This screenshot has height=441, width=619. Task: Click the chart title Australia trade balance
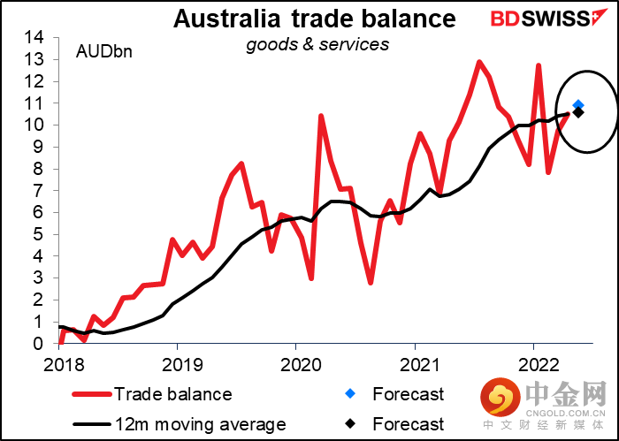point(314,19)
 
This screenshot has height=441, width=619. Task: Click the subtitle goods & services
point(317,43)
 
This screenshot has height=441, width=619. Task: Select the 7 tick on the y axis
point(39,191)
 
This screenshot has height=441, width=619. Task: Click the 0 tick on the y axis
point(39,344)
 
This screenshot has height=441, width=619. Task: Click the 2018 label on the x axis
point(59,363)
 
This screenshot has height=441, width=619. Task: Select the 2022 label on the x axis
point(534,363)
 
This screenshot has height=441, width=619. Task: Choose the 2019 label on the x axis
point(178,363)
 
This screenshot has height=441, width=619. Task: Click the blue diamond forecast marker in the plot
point(578,105)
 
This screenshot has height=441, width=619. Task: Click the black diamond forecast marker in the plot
point(578,112)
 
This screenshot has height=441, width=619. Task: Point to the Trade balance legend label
point(172,394)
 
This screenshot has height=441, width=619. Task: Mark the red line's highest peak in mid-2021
point(479,62)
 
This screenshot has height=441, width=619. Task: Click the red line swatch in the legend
point(86,394)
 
